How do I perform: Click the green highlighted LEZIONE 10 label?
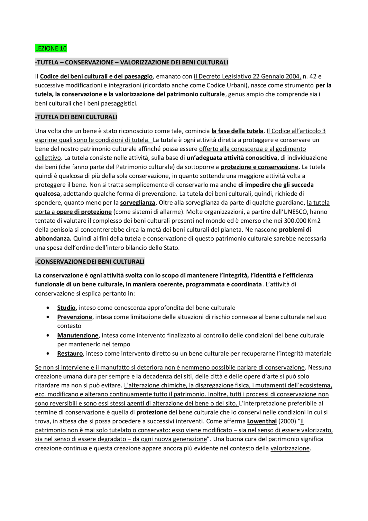(51, 48)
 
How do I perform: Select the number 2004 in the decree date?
(293, 77)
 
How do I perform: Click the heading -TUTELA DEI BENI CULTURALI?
(76, 117)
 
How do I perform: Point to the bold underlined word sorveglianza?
(137, 203)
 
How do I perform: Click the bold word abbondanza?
(53, 238)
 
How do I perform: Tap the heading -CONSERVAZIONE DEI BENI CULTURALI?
(89, 262)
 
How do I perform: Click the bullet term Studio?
(66, 308)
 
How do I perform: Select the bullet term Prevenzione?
(74, 317)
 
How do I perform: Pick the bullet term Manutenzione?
(78, 335)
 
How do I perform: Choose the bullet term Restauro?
(70, 354)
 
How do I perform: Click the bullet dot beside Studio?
(48, 308)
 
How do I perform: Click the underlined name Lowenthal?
(262, 421)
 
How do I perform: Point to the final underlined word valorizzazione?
(290, 448)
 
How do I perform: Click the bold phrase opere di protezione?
(84, 212)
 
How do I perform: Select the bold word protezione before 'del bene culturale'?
(152, 412)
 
